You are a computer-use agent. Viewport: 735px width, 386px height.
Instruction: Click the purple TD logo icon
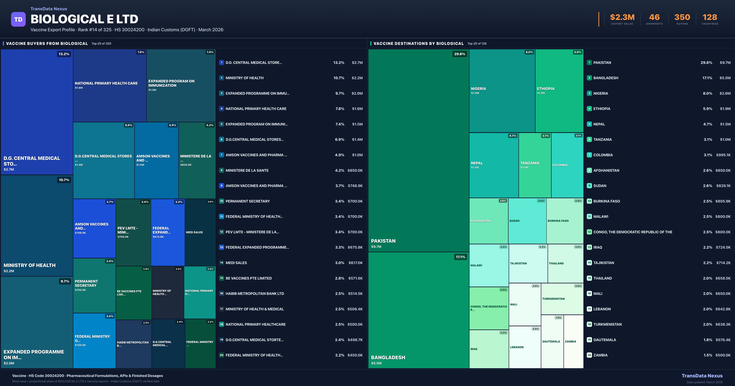(18, 19)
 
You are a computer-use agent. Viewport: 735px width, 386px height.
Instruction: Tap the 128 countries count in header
(710, 17)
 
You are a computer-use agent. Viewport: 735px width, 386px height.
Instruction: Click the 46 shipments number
(654, 17)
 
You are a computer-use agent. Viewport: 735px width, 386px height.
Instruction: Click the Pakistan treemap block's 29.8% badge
(459, 54)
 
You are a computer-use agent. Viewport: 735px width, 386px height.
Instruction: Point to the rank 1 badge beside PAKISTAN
(589, 62)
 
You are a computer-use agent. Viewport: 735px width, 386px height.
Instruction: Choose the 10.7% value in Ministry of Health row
(339, 78)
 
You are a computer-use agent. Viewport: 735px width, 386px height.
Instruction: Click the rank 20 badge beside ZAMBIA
(589, 355)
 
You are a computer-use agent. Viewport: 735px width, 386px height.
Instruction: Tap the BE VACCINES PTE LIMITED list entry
(249, 278)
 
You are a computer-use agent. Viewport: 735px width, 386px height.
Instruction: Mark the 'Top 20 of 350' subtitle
(101, 44)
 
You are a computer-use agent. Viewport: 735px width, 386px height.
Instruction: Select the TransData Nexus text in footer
(702, 376)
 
